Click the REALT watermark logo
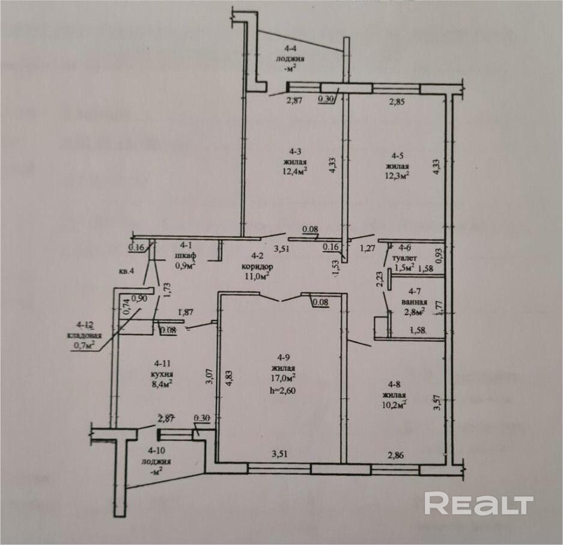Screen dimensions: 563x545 click(x=479, y=504)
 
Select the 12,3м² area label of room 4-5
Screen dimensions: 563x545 click(x=398, y=175)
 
